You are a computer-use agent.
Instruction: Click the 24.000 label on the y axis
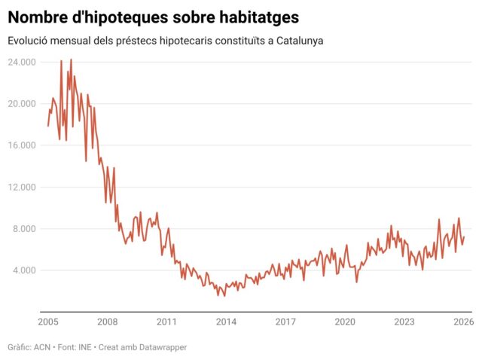[22, 62]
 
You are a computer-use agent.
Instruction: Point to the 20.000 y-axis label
[22, 104]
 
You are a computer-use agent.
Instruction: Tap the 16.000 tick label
[22, 145]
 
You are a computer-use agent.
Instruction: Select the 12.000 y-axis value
[22, 187]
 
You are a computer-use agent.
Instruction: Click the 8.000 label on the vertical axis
[25, 229]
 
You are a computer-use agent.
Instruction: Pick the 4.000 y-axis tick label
[25, 270]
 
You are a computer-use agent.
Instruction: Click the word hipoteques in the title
[120, 16]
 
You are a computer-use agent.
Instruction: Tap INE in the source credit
[85, 347]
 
